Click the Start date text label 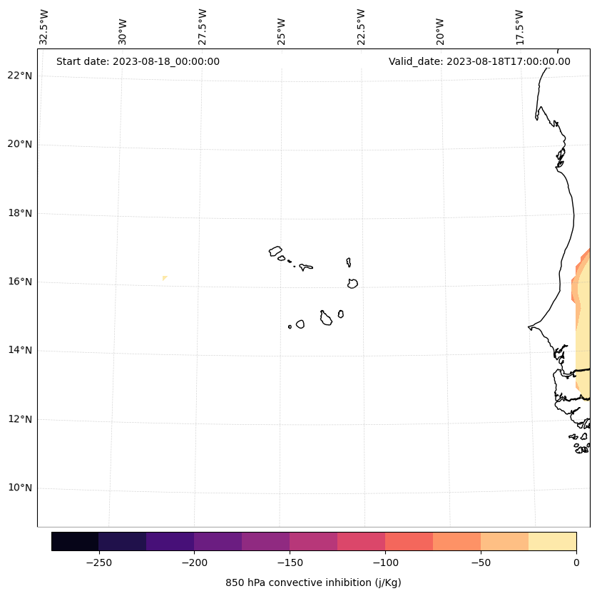pyautogui.click(x=138, y=61)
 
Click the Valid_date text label pyautogui.click(x=479, y=61)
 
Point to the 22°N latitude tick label pyautogui.click(x=19, y=76)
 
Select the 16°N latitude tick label pyautogui.click(x=19, y=282)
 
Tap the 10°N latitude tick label pyautogui.click(x=19, y=488)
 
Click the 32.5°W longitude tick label pyautogui.click(x=44, y=26)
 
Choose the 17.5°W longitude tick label pyautogui.click(x=519, y=26)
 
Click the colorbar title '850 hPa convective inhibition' pyautogui.click(x=313, y=582)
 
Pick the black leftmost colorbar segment pyautogui.click(x=75, y=541)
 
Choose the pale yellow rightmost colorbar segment pyautogui.click(x=552, y=541)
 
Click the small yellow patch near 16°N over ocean pyautogui.click(x=165, y=278)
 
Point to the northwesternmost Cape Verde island pyautogui.click(x=275, y=251)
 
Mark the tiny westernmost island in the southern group pyautogui.click(x=290, y=327)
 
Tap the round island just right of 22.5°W pyautogui.click(x=352, y=283)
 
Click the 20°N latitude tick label pyautogui.click(x=19, y=144)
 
